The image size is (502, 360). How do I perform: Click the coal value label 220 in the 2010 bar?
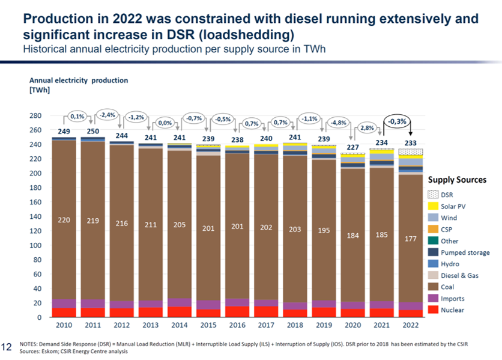[64, 220]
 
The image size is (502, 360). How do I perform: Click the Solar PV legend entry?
[453, 206]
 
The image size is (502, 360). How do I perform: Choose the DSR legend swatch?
[432, 195]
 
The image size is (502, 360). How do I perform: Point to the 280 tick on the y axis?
[37, 115]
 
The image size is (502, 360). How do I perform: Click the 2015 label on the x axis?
[208, 325]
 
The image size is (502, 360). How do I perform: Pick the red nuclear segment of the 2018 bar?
[294, 313]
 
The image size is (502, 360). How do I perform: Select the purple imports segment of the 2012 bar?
[121, 305]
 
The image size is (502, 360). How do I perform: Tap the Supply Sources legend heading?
[456, 180]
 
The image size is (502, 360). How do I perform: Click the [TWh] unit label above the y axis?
[40, 90]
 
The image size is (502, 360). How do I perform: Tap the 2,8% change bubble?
[367, 128]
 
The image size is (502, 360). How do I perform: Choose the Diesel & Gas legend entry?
[460, 275]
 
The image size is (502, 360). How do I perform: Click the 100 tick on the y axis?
[37, 245]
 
